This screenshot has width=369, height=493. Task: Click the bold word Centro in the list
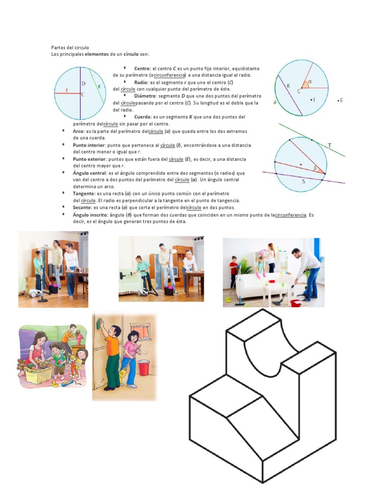pyautogui.click(x=142, y=68)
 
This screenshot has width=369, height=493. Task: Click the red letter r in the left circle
pyautogui.click(x=67, y=90)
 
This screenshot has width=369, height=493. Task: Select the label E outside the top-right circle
pyautogui.click(x=341, y=100)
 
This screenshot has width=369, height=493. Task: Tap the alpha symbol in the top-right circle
pyautogui.click(x=310, y=82)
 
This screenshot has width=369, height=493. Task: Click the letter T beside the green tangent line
pyautogui.click(x=330, y=145)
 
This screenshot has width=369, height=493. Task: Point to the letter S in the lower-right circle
pyautogui.click(x=303, y=182)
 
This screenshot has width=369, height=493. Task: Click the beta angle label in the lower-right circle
pyautogui.click(x=316, y=168)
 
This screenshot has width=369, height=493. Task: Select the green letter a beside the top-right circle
pyautogui.click(x=274, y=102)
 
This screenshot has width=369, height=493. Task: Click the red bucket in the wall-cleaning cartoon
pyautogui.click(x=144, y=367)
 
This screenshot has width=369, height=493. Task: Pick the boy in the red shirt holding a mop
pyautogui.click(x=234, y=272)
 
